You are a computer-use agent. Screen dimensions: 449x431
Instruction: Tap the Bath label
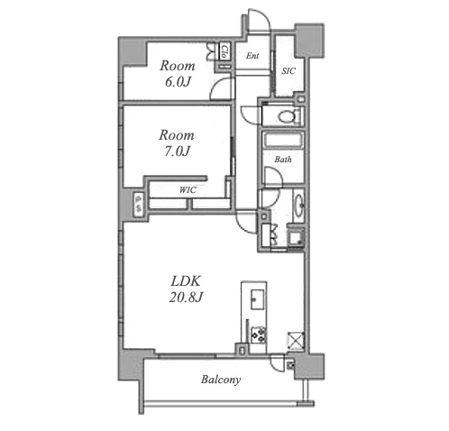283,160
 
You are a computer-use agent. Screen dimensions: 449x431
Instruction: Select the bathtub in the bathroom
283,140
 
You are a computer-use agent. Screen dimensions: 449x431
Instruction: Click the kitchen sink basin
258,299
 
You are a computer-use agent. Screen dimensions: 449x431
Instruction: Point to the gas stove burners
259,335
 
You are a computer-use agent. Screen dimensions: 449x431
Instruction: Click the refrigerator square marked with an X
296,340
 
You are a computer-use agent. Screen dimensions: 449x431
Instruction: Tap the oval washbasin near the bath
299,206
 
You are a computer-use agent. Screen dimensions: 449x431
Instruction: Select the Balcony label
221,380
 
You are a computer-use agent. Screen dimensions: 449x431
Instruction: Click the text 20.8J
187,298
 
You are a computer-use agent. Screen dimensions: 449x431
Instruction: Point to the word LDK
186,281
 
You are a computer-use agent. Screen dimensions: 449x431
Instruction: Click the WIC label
188,190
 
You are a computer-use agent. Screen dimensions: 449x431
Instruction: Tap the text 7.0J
177,151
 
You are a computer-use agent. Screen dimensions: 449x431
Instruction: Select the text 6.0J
178,82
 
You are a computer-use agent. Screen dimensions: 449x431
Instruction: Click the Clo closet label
224,51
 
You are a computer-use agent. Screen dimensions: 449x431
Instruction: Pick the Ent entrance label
252,56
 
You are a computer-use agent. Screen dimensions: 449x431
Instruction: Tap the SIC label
289,71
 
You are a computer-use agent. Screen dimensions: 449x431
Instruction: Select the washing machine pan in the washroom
296,237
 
